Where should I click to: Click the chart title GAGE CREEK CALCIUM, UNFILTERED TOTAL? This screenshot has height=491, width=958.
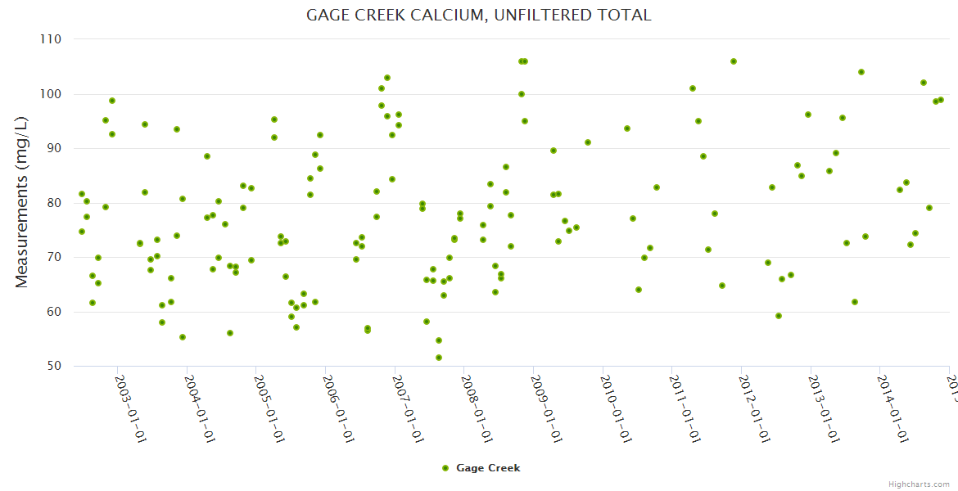click(478, 15)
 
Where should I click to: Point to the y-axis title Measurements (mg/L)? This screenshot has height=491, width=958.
click(22, 202)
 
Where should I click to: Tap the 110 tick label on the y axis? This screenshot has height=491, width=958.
click(52, 39)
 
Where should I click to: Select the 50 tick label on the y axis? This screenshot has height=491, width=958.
click(55, 366)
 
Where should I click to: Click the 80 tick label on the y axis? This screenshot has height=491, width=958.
click(55, 203)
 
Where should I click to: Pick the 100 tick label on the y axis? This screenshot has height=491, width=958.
click(52, 94)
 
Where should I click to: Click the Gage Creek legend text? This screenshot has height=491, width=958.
click(488, 468)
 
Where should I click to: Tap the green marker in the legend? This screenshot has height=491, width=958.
click(445, 468)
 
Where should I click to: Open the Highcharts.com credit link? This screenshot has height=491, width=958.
click(920, 484)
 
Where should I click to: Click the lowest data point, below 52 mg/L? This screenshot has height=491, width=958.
click(439, 358)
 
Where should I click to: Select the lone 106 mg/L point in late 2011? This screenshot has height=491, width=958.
click(734, 61)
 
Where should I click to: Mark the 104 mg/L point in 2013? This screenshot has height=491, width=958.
click(861, 72)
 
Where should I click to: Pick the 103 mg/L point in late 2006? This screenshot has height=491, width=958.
click(387, 78)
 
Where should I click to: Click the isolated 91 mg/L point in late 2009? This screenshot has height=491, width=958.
click(588, 142)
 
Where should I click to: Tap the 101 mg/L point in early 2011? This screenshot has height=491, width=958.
click(693, 88)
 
